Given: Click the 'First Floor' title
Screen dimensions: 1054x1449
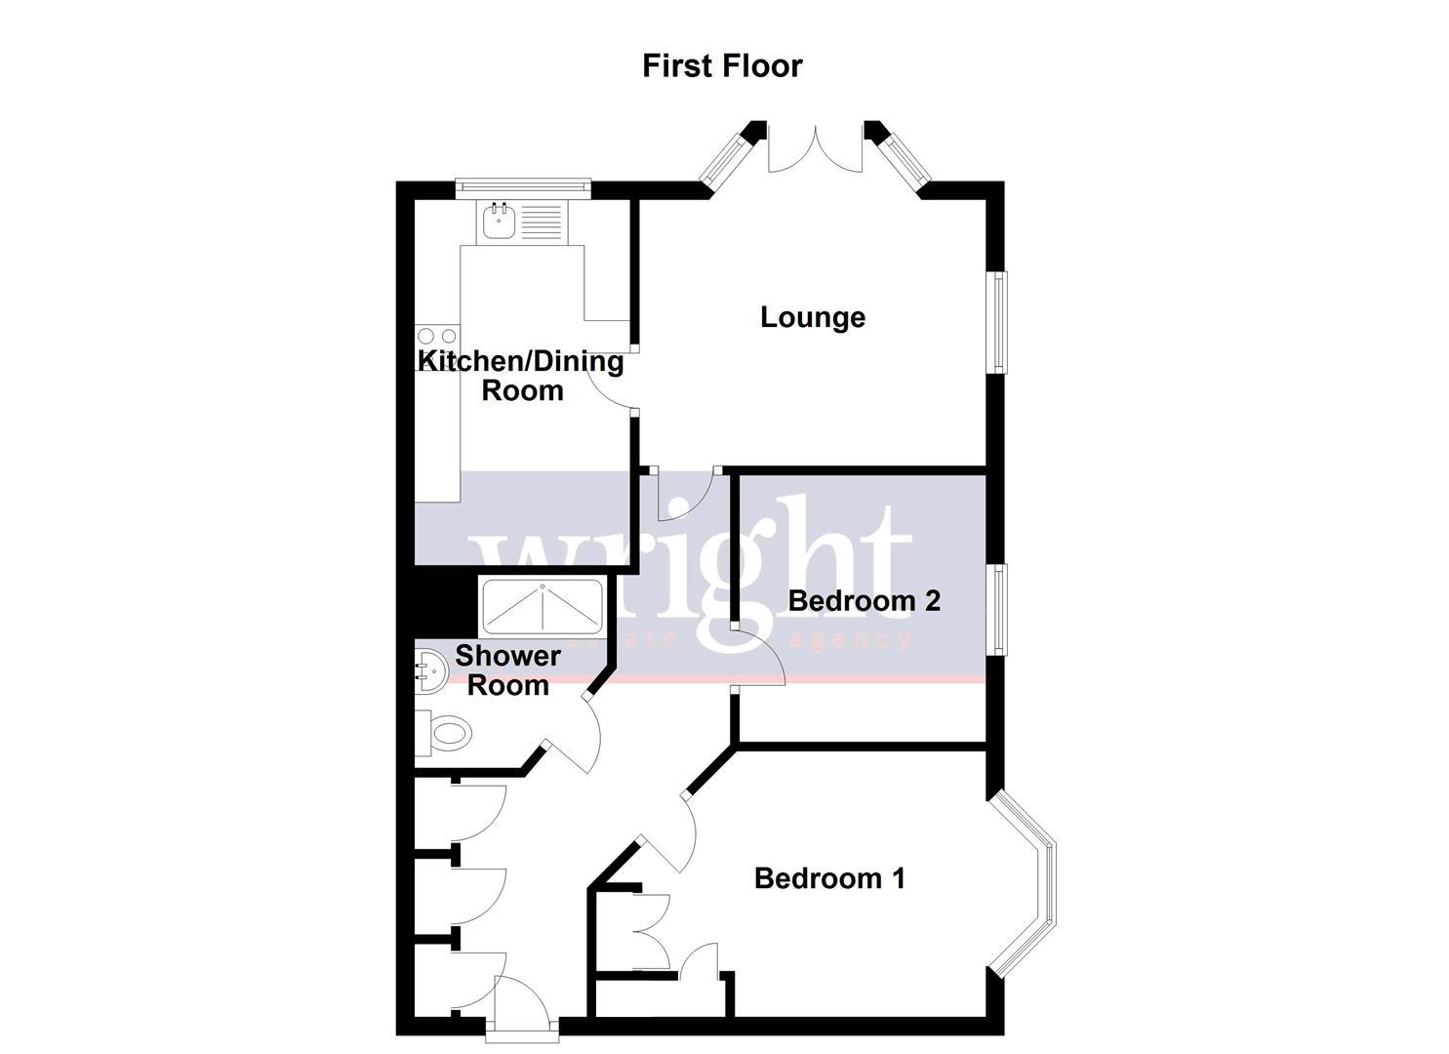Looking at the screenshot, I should click(x=722, y=65).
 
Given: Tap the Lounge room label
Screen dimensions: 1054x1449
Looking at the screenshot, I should click(x=813, y=317).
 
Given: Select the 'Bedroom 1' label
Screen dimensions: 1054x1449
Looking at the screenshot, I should click(x=829, y=878).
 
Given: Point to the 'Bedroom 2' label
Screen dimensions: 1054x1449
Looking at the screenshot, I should click(x=864, y=600).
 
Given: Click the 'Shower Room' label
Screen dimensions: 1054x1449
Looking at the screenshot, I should click(x=507, y=670).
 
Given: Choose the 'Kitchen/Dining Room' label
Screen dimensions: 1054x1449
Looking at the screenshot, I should click(x=521, y=376).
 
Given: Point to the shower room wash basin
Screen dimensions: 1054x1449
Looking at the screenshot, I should click(x=429, y=671).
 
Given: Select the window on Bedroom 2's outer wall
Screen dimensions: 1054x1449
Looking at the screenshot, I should click(x=1001, y=608).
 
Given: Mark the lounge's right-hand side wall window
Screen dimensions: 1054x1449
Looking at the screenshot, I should click(x=1001, y=321).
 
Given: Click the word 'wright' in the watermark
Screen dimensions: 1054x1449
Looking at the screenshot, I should click(x=693, y=561).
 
